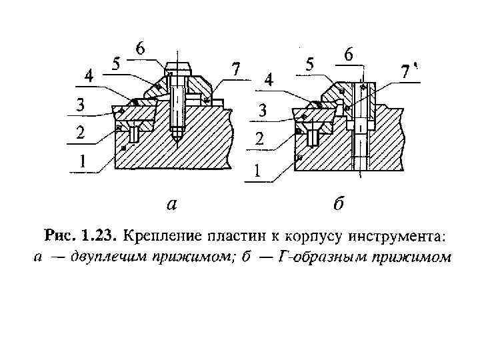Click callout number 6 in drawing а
click(x=140, y=49)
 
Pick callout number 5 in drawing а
click(x=116, y=65)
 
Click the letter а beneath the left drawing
click(x=172, y=204)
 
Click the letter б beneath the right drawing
click(x=337, y=203)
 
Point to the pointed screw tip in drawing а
click(x=177, y=139)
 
